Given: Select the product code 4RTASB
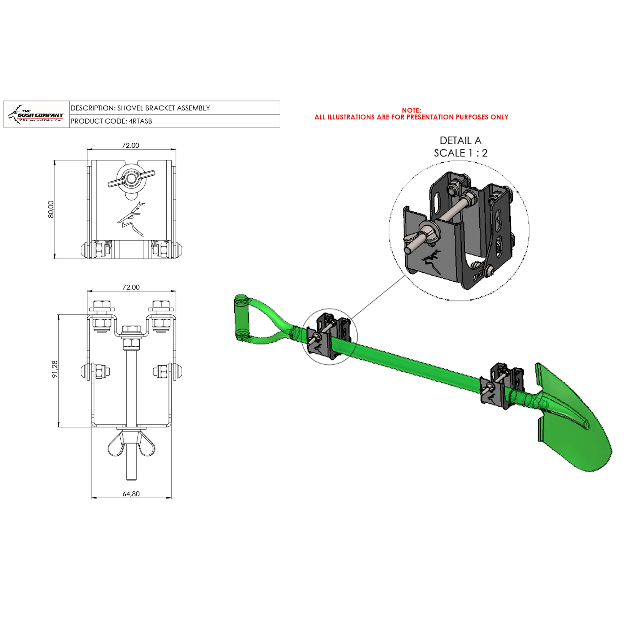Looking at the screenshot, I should [140, 121].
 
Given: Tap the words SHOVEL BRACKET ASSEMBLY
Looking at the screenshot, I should [163, 108].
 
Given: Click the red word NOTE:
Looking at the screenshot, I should [411, 110].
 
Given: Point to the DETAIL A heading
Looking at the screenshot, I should [460, 140].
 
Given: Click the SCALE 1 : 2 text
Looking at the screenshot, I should [460, 153].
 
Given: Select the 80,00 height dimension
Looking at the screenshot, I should [51, 209].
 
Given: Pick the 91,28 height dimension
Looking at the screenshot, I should [55, 369].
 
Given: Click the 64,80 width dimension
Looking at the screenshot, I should [131, 494].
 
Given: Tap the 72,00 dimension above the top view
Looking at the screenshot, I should [131, 145].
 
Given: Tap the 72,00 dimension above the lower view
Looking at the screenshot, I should [131, 287].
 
